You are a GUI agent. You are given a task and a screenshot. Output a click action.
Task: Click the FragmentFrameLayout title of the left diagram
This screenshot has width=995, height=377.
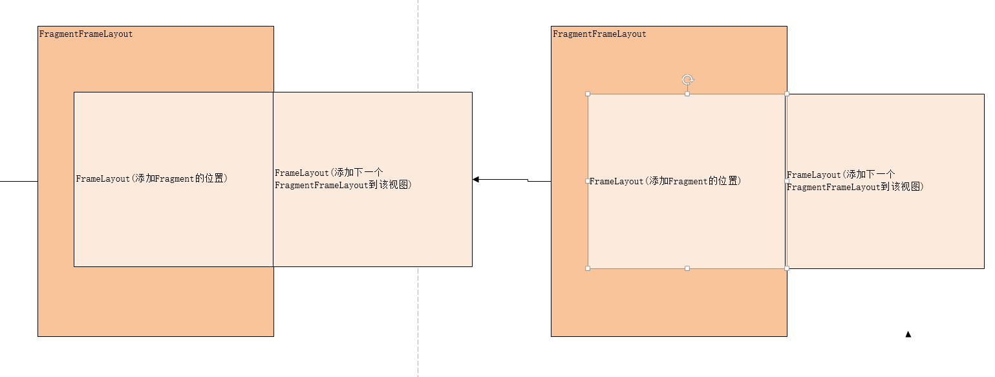(86, 34)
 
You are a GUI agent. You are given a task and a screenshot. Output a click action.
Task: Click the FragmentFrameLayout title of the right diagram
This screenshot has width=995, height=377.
(599, 34)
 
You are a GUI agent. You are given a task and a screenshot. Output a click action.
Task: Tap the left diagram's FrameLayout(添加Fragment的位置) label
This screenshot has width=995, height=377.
(151, 178)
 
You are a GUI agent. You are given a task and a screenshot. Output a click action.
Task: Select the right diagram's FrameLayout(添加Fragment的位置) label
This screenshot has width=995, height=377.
(665, 181)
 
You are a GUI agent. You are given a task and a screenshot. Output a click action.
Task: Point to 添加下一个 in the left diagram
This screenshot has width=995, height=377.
(358, 173)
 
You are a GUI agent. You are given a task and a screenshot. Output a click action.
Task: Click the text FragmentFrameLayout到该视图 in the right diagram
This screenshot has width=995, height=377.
(855, 187)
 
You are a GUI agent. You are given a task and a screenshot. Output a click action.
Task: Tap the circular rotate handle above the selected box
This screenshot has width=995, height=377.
(687, 80)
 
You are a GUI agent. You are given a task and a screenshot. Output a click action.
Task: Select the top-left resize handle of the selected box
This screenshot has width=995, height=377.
(588, 94)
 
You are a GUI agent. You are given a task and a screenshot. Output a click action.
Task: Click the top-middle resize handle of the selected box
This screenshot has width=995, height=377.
(687, 94)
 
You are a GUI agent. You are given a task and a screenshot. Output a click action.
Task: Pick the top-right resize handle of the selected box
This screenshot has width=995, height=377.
(787, 94)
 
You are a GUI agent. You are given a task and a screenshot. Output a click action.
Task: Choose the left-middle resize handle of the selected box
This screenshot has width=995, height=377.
(588, 181)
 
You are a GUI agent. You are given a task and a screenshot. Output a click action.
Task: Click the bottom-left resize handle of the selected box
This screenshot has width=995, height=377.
(588, 268)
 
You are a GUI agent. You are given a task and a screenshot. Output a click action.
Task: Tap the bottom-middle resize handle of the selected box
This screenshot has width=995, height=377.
(687, 268)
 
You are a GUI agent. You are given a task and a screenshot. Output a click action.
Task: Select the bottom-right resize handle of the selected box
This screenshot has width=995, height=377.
(787, 268)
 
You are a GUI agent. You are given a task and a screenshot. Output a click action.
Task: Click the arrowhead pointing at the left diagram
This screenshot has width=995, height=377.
(476, 179)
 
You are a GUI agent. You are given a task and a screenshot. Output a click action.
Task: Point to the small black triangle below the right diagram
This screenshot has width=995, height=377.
(908, 334)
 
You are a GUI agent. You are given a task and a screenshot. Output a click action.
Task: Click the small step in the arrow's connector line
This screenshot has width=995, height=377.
(528, 180)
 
